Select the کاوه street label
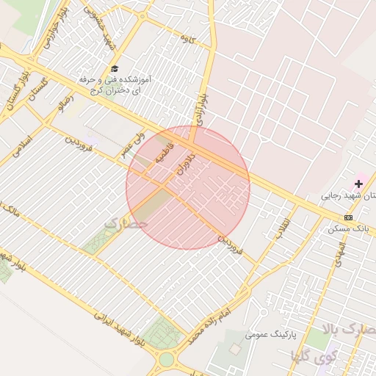[187, 40]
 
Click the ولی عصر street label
[133, 138]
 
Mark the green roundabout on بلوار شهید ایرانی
[167, 360]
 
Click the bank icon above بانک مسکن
[347, 217]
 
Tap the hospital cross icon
[358, 183]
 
